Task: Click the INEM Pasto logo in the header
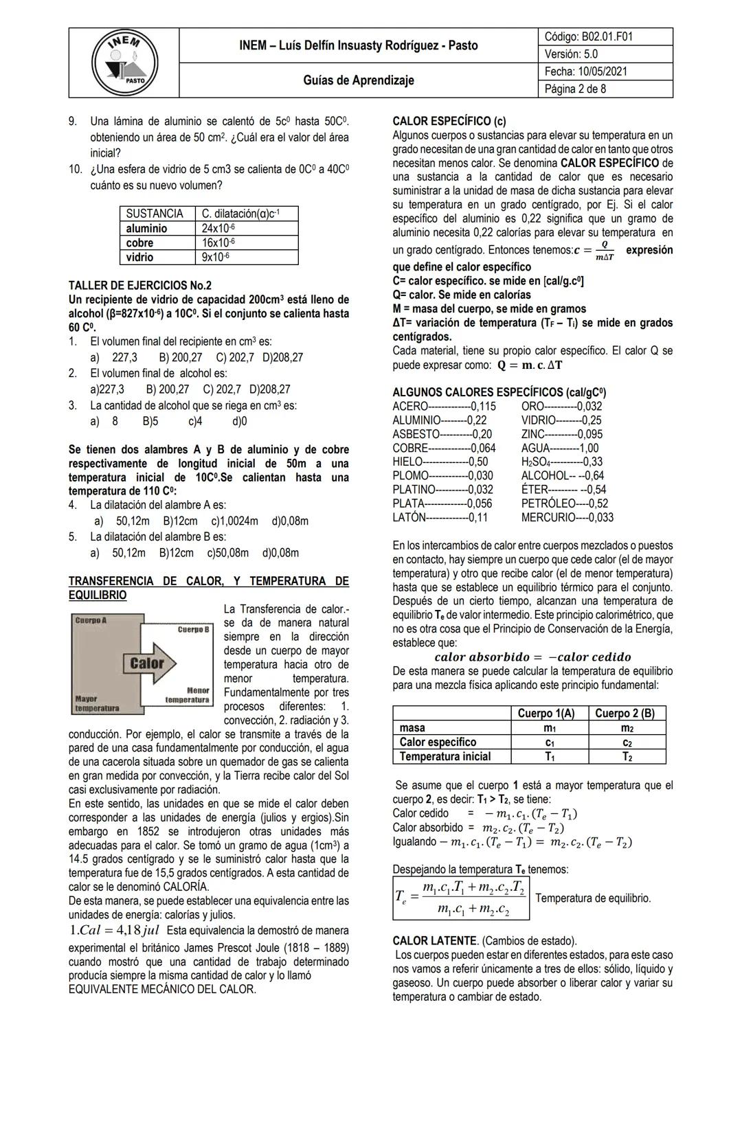pos(125,63)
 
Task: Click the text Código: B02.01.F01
pos(588,36)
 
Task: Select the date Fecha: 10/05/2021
pos(585,71)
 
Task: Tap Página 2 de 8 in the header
pos(575,89)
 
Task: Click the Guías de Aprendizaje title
pos(359,80)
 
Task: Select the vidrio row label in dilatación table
pos(140,257)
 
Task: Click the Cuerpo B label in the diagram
pos(193,629)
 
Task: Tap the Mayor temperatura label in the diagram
pos(96,703)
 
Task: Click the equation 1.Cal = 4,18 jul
pos(114,930)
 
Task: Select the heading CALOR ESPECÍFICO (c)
pos(449,121)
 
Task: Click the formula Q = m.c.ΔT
pos(530,365)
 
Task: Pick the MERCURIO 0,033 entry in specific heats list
pos(567,517)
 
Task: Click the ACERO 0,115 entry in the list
pos(444,406)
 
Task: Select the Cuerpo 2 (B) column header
pos(625,713)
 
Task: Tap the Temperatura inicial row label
pos(445,756)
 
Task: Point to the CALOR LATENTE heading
pos(435,940)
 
